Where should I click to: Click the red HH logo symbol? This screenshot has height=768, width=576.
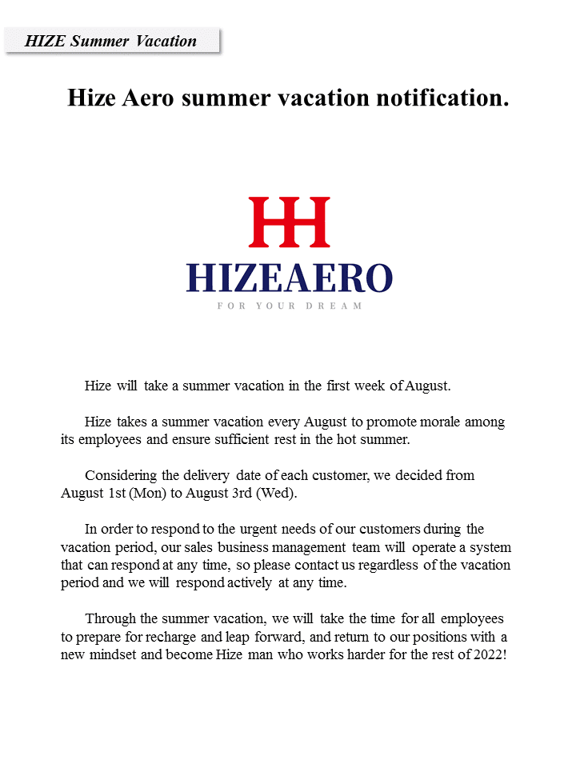[289, 222]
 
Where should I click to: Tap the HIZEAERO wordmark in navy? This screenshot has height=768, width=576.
[289, 278]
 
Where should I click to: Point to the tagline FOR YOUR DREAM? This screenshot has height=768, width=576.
[289, 306]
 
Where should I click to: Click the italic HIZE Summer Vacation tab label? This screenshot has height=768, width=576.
[110, 42]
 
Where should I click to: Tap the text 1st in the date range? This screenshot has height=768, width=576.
[118, 493]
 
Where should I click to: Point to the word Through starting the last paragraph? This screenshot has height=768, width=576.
[110, 618]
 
